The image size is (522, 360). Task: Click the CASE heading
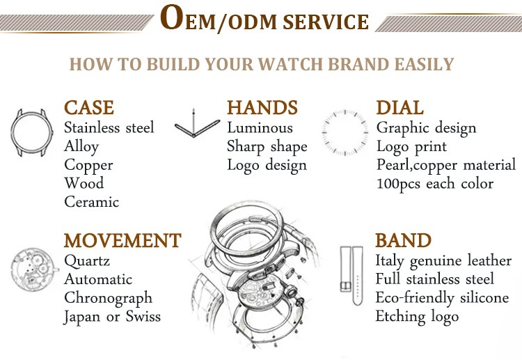[89, 107]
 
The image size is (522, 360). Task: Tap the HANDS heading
[262, 107]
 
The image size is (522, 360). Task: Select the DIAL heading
[400, 107]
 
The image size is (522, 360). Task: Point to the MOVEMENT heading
[122, 240]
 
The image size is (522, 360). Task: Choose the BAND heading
[403, 240]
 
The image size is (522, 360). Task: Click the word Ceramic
[92, 202]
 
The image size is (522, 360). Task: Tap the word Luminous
[260, 127]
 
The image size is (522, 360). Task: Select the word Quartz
[87, 260]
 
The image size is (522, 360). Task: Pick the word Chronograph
[108, 299]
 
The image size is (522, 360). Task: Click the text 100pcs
[398, 184]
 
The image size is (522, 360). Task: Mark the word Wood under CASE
[84, 183]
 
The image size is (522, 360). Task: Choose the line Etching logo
[417, 317]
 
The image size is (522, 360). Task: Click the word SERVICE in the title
[326, 22]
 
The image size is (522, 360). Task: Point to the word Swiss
[143, 316]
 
